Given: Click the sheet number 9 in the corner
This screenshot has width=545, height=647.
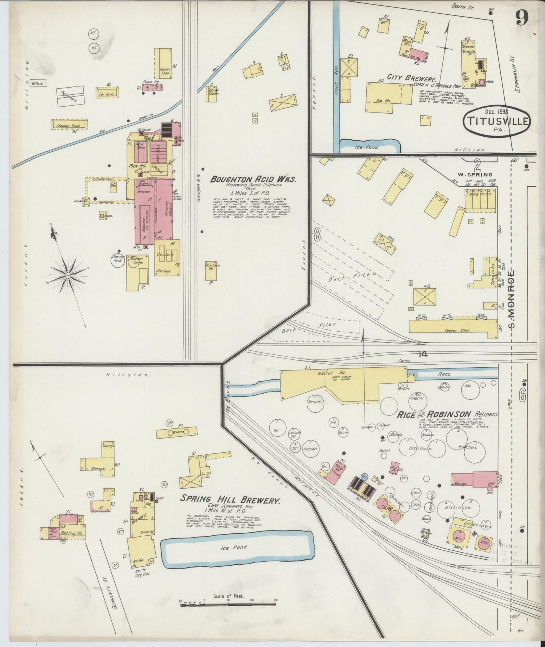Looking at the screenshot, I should [522, 17].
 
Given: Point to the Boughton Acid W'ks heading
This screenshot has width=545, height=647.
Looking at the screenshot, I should [253, 180].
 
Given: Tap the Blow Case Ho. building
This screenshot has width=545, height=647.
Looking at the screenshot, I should [210, 271].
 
